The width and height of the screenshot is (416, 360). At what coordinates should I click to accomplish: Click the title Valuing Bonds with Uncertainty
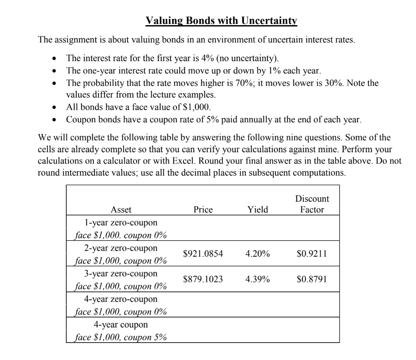(221, 20)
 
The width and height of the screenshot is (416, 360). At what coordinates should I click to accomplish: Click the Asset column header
(121, 210)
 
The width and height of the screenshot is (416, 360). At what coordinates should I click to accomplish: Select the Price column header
(203, 210)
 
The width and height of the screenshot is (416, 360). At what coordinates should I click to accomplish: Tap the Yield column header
(257, 210)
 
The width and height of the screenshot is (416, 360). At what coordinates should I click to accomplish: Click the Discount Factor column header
(312, 204)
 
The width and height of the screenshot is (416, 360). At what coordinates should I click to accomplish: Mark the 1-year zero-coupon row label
(121, 223)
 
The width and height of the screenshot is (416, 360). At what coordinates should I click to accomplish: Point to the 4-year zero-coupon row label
(121, 299)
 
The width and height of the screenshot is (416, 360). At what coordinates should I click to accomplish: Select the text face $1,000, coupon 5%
(121, 337)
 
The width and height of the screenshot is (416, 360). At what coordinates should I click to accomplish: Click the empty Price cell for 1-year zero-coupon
(203, 228)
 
